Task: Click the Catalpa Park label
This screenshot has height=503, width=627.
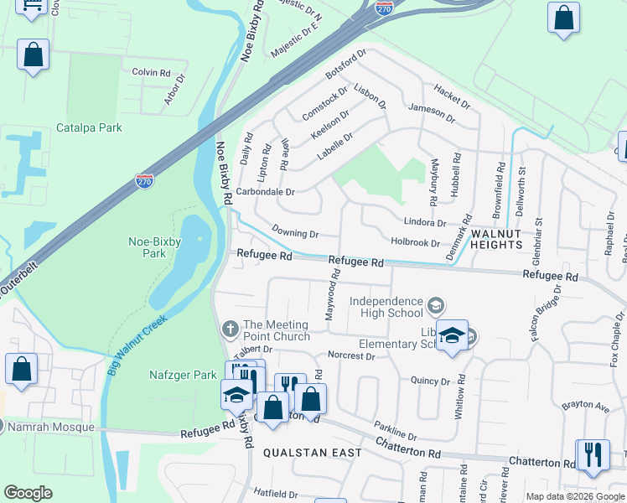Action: [89, 127]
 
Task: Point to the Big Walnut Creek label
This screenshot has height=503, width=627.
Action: [137, 345]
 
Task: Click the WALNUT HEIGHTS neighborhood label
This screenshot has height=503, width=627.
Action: [495, 238]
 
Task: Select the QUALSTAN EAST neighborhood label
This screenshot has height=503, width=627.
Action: [312, 453]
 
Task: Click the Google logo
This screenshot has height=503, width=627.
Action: [28, 492]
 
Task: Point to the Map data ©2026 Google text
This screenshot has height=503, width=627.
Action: [574, 496]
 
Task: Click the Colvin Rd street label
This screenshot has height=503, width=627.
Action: [151, 72]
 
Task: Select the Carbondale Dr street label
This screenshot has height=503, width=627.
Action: [265, 191]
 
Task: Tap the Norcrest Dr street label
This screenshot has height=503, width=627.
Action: [351, 355]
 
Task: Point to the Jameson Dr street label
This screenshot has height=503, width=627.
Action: [432, 113]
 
